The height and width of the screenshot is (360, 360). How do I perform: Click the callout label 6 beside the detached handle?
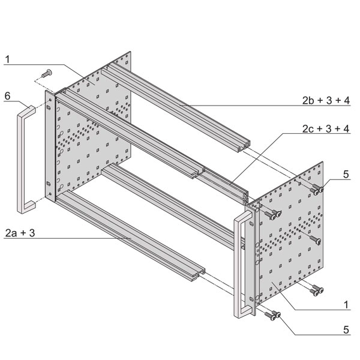7,96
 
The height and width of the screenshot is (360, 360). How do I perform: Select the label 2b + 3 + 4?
326,101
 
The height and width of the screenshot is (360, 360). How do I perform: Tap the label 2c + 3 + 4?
326,129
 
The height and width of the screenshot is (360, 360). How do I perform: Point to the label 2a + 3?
20,233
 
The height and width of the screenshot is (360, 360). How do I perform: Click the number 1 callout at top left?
8,59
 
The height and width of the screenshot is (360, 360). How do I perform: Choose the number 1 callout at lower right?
346,305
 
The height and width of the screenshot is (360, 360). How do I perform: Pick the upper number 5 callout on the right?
346,175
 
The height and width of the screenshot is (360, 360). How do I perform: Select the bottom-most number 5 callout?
346,330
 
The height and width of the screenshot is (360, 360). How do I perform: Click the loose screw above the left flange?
47,73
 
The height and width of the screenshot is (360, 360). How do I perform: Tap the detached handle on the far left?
26,160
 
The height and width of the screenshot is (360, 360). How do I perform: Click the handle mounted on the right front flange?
242,264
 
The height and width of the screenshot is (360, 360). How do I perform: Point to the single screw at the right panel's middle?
315,239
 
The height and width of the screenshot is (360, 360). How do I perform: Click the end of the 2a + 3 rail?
198,274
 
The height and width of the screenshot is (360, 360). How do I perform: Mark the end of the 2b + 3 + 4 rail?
244,146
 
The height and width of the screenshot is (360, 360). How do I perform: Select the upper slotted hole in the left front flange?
49,107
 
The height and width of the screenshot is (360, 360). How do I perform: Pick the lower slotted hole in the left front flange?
49,184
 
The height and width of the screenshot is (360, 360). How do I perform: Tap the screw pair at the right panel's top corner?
317,189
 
